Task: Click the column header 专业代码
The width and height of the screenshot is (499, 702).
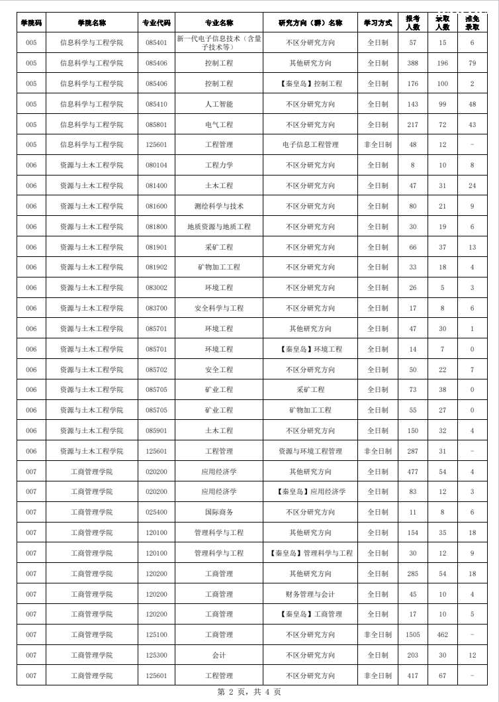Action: coord(156,23)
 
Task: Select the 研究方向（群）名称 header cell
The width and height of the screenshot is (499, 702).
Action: coord(310,23)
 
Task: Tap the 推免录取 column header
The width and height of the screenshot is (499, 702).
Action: coord(472,23)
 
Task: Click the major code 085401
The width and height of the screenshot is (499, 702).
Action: coord(156,43)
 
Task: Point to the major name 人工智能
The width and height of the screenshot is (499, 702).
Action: coord(219,105)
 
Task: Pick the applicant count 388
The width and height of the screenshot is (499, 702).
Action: coord(413,64)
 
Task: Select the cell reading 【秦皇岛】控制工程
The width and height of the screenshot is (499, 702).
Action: coord(310,84)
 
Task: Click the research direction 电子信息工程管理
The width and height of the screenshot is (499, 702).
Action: coord(310,145)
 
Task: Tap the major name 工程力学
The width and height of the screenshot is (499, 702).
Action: coord(219,166)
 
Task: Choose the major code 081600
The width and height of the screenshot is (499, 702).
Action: coord(156,207)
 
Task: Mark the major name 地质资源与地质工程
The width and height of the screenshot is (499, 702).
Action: coord(219,227)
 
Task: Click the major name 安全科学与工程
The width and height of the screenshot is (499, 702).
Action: coord(219,309)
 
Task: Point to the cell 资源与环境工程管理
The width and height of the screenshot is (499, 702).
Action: coord(310,452)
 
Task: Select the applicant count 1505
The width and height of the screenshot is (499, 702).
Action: coord(413,635)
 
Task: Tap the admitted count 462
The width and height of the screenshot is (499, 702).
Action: coord(443,635)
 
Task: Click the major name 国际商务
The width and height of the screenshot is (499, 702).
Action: coord(219,513)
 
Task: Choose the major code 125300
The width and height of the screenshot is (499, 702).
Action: coord(156,656)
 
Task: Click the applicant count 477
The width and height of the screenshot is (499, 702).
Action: coord(413,472)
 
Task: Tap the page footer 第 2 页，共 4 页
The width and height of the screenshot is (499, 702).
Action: coord(250,692)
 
